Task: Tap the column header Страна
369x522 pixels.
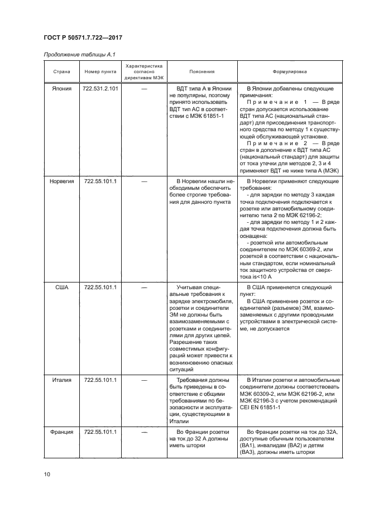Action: [62, 72]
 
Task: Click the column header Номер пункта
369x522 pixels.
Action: [100, 72]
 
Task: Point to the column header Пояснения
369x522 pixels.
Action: [202, 72]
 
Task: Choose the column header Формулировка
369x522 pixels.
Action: [289, 72]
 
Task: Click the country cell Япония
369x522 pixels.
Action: [62, 89]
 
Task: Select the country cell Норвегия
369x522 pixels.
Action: [62, 182]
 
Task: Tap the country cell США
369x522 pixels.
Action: [62, 287]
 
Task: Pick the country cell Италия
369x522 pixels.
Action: [62, 380]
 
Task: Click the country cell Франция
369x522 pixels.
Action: [62, 432]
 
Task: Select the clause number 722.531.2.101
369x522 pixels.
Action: [100, 89]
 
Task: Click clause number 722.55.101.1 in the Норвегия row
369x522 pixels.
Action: [100, 182]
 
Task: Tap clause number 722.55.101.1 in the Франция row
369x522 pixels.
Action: [100, 432]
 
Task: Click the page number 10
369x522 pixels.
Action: [47, 475]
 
